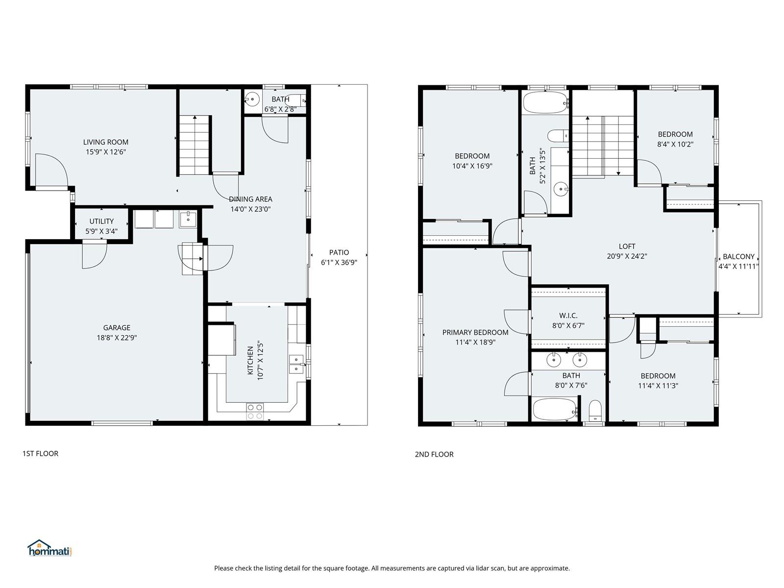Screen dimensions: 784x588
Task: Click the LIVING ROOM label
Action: point(106,142)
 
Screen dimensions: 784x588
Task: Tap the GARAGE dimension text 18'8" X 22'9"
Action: point(117,338)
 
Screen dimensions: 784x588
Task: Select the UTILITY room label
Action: point(101,221)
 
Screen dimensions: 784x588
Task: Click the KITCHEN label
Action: point(250,360)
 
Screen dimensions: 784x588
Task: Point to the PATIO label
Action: point(339,252)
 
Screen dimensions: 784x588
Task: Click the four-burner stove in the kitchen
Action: point(255,411)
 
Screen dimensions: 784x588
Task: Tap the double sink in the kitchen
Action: point(296,364)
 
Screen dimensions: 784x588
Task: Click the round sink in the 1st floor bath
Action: point(252,99)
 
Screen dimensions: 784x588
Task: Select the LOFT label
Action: point(627,246)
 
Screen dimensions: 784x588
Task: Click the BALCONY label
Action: point(738,257)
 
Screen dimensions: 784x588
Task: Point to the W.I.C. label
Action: point(568,316)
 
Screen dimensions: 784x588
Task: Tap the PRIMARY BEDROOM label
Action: point(475,332)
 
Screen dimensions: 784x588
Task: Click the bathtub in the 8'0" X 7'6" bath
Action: point(555,410)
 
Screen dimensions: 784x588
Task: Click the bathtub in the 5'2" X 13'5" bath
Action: point(545,103)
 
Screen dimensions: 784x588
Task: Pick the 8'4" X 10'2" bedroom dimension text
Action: point(675,144)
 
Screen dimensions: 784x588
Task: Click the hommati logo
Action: point(49,548)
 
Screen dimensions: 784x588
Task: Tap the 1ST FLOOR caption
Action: point(40,454)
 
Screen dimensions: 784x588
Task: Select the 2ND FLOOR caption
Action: point(434,455)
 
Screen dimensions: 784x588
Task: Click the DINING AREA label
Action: point(250,199)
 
